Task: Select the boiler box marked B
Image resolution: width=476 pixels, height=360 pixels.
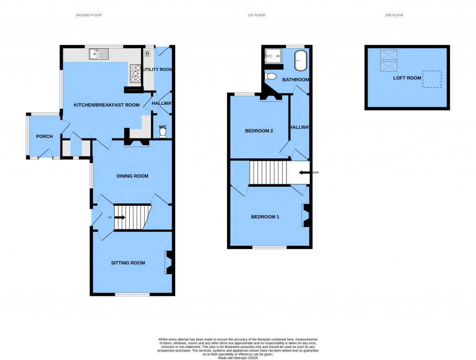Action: pyautogui.click(x=147, y=54)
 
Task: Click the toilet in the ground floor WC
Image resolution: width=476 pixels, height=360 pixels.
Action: pyautogui.click(x=163, y=133)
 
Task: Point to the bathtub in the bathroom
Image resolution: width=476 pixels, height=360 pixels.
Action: pyautogui.click(x=301, y=60)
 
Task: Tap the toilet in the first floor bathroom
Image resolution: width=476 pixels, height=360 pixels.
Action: pyautogui.click(x=270, y=76)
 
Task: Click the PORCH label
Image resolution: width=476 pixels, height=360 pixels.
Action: pyautogui.click(x=45, y=136)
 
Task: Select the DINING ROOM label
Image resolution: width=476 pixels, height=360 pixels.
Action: pyautogui.click(x=132, y=176)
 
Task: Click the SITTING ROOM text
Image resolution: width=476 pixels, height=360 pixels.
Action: pyautogui.click(x=128, y=263)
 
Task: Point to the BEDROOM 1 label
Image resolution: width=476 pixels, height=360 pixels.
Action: pyautogui.click(x=265, y=217)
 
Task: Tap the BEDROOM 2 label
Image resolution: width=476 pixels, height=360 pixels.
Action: pyautogui.click(x=259, y=131)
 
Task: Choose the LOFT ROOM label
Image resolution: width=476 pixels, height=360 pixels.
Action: pyautogui.click(x=407, y=78)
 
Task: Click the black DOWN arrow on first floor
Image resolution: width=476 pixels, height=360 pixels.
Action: pyautogui.click(x=304, y=172)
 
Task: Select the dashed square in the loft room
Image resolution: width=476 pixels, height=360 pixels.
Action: pyautogui.click(x=432, y=79)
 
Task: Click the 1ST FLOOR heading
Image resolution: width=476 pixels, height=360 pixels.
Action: pyautogui.click(x=256, y=15)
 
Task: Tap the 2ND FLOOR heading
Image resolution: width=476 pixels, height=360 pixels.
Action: pyautogui.click(x=394, y=15)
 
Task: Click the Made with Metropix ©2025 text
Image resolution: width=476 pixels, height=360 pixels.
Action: pyautogui.click(x=238, y=357)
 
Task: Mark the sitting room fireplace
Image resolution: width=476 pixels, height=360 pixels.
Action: pyautogui.click(x=169, y=262)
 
